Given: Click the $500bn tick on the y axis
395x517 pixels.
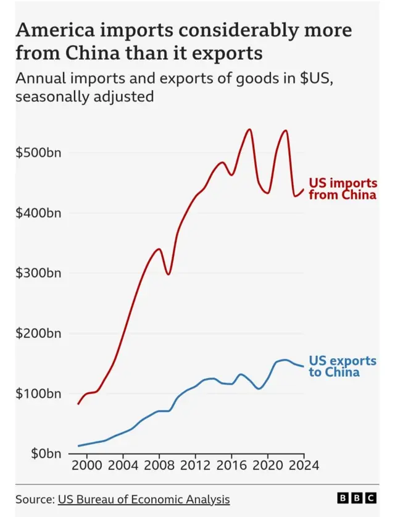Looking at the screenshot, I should click(38, 153).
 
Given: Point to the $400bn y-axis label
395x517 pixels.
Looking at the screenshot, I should click(38, 213).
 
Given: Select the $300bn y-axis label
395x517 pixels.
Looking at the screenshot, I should click(38, 273).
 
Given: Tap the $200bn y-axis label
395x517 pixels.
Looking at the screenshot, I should click(38, 334).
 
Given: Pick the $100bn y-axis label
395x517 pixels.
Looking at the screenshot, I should click(38, 393).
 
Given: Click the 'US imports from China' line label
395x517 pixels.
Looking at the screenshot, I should click(342, 189).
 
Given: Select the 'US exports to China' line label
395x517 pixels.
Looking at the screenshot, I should click(342, 366).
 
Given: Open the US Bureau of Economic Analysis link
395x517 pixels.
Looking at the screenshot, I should click(143, 499).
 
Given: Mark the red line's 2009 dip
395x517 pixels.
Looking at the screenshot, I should click(168, 274).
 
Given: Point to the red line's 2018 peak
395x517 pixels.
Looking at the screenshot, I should click(249, 129).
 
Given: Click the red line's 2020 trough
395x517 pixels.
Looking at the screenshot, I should click(267, 193).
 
